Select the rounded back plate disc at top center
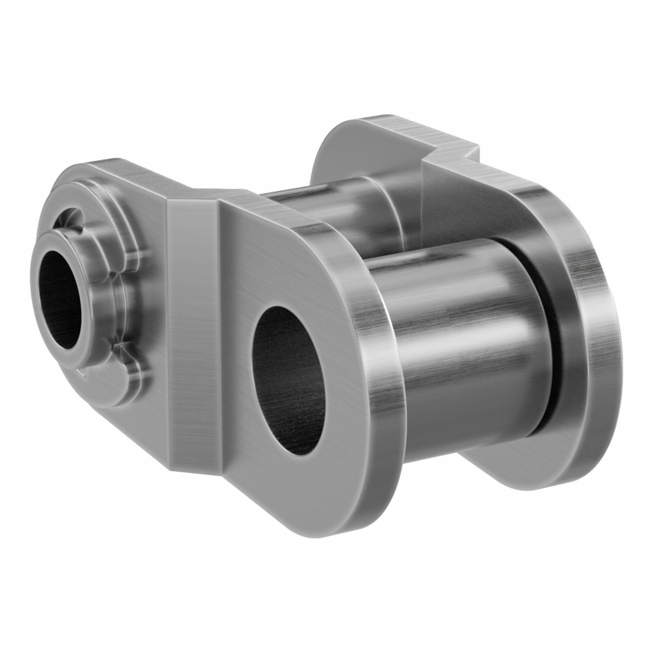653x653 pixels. point(342,145)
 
